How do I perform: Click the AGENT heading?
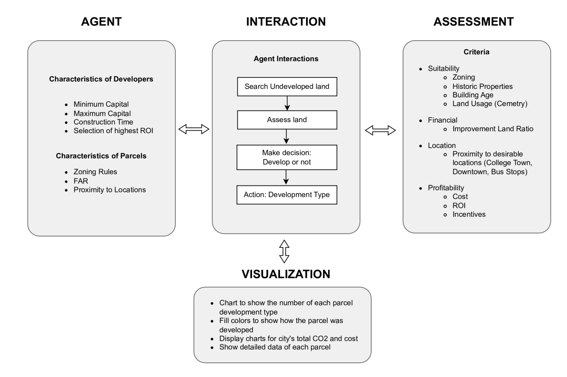click(101, 22)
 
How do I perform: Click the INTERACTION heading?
click(286, 22)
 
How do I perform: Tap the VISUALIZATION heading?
click(286, 274)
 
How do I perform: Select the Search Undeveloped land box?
click(287, 86)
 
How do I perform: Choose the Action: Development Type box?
click(287, 195)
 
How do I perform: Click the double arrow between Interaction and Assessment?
click(380, 130)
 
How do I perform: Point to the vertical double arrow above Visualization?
click(284, 252)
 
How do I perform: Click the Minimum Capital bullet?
click(101, 104)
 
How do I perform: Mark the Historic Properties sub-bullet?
click(482, 86)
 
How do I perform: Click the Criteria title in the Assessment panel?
click(477, 52)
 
